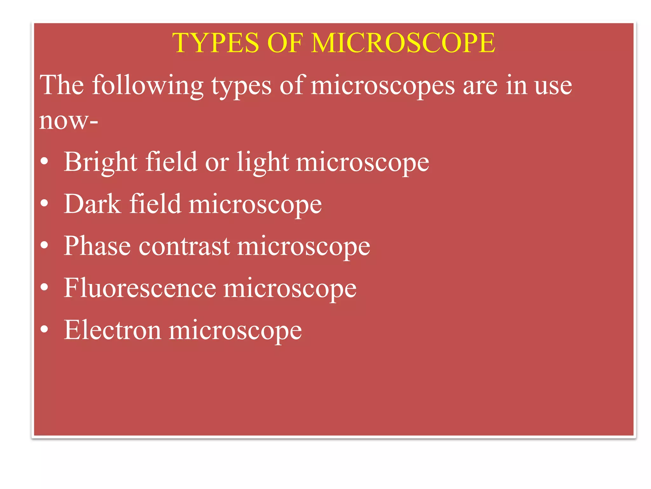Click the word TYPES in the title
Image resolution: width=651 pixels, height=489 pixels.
216,43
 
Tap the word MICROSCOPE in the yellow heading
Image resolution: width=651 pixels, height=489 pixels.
403,43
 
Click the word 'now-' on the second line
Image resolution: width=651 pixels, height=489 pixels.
68,121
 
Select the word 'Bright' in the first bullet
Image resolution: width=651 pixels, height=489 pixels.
100,162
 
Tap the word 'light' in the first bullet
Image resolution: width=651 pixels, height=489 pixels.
263,162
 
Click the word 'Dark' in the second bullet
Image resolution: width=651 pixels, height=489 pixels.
93,204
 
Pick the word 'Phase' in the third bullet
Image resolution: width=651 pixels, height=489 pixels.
97,246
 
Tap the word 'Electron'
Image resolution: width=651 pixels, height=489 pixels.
112,330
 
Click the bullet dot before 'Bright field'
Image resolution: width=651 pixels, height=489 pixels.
45,161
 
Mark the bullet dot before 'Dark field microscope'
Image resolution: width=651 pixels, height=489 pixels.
45,203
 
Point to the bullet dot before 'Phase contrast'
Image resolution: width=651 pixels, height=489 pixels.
45,245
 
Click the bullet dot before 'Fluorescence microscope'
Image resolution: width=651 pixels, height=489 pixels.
45,287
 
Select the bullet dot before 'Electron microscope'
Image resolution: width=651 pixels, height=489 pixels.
45,329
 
